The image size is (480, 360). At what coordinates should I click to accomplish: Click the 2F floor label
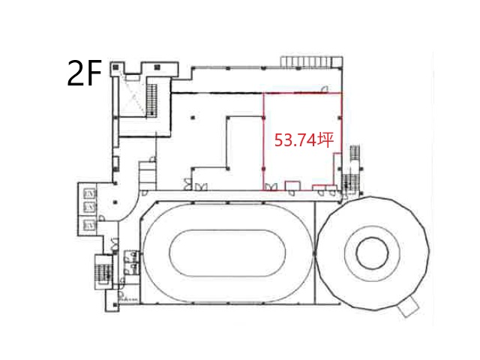[84, 73]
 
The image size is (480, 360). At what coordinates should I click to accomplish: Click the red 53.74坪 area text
[304, 140]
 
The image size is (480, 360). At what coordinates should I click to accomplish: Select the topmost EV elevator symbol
[90, 193]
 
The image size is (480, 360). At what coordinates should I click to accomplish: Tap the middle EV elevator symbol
[90, 207]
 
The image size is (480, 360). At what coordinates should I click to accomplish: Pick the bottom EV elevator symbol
[90, 226]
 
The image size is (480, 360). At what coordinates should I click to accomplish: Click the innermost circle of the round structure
[372, 253]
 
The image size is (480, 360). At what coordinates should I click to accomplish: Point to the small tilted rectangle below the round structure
[408, 307]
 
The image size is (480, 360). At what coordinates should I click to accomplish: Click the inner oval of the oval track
[227, 253]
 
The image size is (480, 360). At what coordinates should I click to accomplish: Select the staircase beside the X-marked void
[151, 100]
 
